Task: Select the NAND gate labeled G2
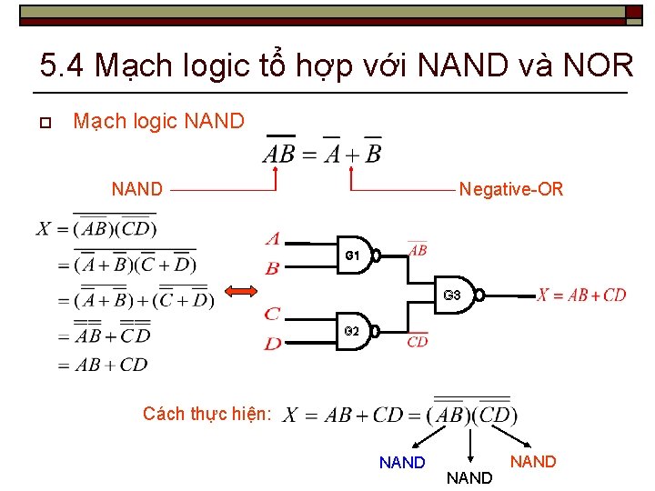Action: coord(358,330)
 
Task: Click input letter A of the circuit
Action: coord(272,239)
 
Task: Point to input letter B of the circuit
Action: coord(272,268)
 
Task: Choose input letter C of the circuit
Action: coord(272,314)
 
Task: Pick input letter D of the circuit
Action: coord(272,343)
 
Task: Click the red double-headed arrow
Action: coord(242,291)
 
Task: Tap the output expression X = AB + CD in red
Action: coord(581,295)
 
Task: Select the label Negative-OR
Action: coord(511,189)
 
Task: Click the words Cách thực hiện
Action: coord(207,414)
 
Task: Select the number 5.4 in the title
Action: coord(63,65)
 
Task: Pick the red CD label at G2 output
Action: coord(418,341)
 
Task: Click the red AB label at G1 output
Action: coord(418,250)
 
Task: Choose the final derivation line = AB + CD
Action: coord(102,365)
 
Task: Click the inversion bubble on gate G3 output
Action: coord(479,295)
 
